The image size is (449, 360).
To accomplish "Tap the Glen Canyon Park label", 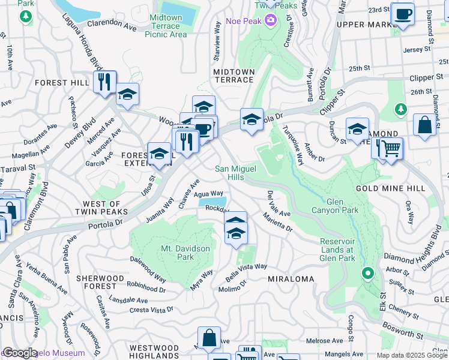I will coord(334,206).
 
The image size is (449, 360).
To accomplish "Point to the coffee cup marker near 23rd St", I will coord(402,13).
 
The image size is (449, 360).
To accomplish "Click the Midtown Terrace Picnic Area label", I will coord(166,26).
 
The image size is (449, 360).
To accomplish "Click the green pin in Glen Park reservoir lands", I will coord(367,274).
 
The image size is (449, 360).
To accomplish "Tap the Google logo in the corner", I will coord(20,353).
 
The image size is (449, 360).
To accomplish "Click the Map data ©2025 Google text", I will coord(412,355).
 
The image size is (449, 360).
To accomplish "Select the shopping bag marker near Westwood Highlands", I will coord(209,338).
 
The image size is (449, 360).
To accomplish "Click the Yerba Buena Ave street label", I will coord(46,283).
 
